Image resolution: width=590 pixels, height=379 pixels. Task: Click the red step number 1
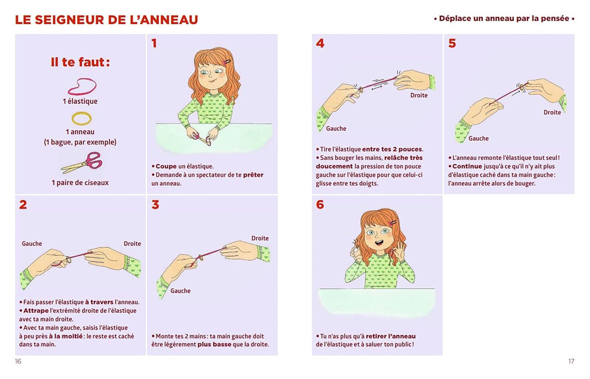point(154,43)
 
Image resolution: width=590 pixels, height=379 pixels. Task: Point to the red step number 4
point(320,43)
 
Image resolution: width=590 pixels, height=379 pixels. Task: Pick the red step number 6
point(320,205)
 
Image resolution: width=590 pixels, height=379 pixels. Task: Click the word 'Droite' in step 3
point(260,238)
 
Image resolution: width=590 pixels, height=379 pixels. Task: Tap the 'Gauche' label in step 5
point(478,139)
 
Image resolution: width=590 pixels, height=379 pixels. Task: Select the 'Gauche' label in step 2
point(32,243)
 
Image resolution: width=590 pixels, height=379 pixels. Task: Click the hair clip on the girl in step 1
point(227,62)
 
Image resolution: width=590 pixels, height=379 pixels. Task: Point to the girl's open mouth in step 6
point(379,242)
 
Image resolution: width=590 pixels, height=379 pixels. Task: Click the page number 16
point(18,361)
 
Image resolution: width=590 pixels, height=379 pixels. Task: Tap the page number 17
point(571,361)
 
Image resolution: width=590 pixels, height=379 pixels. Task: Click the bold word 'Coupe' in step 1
point(166,166)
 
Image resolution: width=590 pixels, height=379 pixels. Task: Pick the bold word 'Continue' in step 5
point(467,166)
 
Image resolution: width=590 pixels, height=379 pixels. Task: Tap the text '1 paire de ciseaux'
point(80,183)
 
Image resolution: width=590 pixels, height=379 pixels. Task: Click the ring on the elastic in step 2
point(69,260)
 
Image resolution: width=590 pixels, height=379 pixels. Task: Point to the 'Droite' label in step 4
point(419,95)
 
